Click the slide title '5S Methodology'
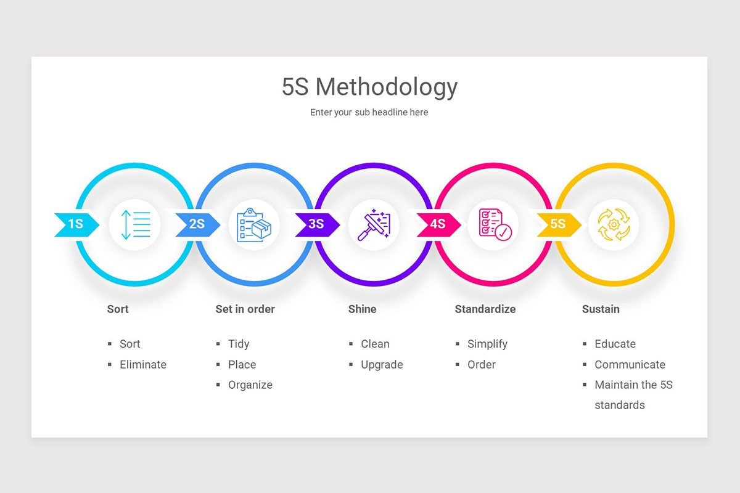click(369, 87)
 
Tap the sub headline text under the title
click(369, 112)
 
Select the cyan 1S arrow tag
click(76, 224)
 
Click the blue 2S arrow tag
click(197, 224)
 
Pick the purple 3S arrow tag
click(316, 224)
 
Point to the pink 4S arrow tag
click(438, 224)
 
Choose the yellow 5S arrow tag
click(558, 224)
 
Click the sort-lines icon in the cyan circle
click(135, 224)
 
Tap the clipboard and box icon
click(254, 224)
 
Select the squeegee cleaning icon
click(374, 224)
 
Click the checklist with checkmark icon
click(493, 224)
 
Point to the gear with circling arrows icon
click(614, 224)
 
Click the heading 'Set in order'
click(245, 309)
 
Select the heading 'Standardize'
click(485, 309)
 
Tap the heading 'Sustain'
click(600, 309)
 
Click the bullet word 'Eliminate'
click(143, 364)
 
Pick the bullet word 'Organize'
click(250, 385)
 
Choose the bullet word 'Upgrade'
click(382, 364)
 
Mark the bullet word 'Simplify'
click(487, 344)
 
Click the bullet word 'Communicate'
click(630, 364)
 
